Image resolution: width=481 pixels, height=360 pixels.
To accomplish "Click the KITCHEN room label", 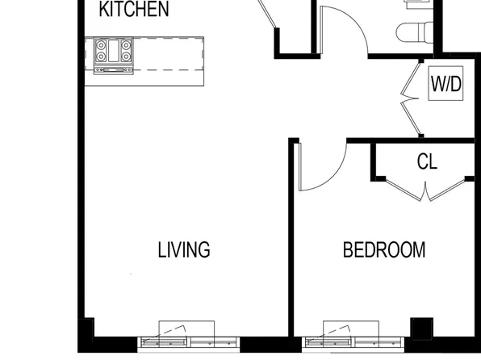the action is coord(134,9).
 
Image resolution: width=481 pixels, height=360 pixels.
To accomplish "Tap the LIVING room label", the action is coord(184,249).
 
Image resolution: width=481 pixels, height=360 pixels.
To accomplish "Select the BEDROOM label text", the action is coord(384,249).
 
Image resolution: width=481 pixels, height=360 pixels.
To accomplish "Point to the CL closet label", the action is coord(427,161).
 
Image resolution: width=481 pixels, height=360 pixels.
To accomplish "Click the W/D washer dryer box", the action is coord(445,83).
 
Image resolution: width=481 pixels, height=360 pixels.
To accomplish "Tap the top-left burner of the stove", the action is coord(101,45).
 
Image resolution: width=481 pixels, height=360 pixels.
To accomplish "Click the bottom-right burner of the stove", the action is coord(126,57).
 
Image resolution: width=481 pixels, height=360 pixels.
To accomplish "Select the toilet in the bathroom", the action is coord(415,32).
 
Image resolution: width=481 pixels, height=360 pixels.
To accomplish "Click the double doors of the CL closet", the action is coord(425,190).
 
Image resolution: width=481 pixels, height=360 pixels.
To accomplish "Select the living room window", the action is coord(189,342).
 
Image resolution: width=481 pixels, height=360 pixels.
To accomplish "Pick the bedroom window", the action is coord(353,342).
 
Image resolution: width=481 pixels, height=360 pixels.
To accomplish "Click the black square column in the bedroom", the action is coord(422,329).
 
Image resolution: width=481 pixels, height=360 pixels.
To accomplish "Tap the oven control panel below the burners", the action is coord(114,70).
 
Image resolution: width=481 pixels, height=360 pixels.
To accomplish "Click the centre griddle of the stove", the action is coord(114,51).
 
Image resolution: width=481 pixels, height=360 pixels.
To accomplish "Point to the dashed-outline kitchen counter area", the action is coord(168,54).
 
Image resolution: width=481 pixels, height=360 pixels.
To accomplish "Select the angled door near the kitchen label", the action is coord(267,13).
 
